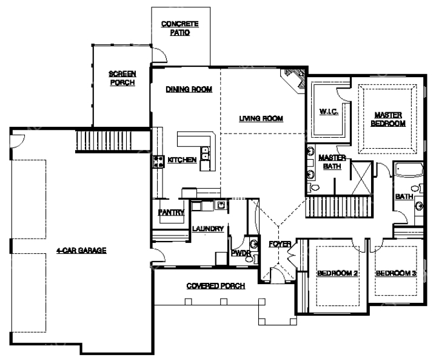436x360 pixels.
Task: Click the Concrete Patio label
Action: click(x=180, y=28)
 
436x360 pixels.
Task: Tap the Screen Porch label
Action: click(x=122, y=78)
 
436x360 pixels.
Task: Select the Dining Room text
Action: click(x=189, y=89)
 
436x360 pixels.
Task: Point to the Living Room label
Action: click(x=261, y=118)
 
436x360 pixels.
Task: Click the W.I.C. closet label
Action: click(x=329, y=112)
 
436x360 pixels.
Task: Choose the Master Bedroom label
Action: click(x=388, y=119)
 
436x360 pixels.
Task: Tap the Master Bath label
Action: click(x=332, y=161)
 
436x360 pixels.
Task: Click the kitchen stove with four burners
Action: click(x=158, y=161)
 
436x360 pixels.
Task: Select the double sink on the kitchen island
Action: click(x=205, y=154)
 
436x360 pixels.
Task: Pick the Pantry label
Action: click(x=171, y=212)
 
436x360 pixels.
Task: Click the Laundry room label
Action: click(x=208, y=229)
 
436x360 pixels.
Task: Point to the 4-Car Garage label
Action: click(x=81, y=251)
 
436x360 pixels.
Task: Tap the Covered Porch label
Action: click(x=216, y=286)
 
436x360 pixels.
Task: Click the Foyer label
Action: click(x=280, y=244)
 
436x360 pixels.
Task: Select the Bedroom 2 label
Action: click(x=337, y=273)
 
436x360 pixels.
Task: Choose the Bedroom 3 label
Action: click(x=396, y=273)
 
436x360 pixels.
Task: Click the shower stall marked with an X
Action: click(x=361, y=178)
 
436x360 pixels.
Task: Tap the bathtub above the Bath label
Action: click(x=408, y=169)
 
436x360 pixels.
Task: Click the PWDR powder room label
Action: click(x=241, y=253)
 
